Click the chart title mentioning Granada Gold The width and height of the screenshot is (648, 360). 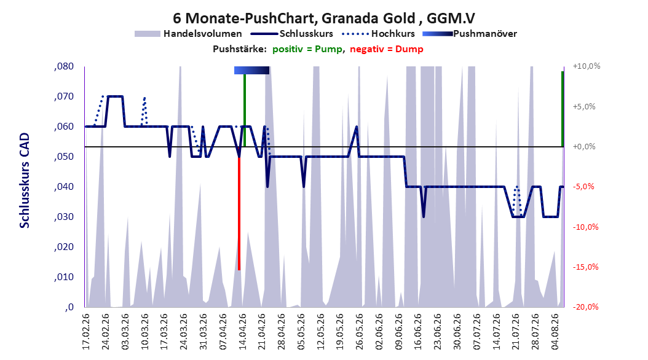pyautogui.click(x=323, y=18)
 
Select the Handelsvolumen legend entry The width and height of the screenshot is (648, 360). pyautogui.click(x=189, y=34)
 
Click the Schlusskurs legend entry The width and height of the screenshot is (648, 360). pyautogui.click(x=292, y=34)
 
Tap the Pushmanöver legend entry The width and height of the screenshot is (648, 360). pyautogui.click(x=470, y=34)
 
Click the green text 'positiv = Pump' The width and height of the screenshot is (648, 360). pyautogui.click(x=307, y=49)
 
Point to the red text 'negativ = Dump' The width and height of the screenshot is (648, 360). pyautogui.click(x=387, y=49)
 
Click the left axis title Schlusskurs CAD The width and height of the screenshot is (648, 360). pyautogui.click(x=25, y=180)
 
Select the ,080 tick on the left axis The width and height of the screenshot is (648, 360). pyautogui.click(x=64, y=66)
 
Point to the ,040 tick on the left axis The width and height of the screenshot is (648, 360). pyautogui.click(x=64, y=187)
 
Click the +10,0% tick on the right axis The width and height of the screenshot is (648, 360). pyautogui.click(x=587, y=66)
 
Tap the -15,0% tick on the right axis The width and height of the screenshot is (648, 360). pyautogui.click(x=585, y=267)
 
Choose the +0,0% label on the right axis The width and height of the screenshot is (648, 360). pyautogui.click(x=584, y=147)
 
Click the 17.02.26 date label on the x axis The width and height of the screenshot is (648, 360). pyautogui.click(x=86, y=332)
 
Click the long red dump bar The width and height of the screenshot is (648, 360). pyautogui.click(x=239, y=213)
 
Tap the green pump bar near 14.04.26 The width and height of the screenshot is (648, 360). pyautogui.click(x=245, y=110)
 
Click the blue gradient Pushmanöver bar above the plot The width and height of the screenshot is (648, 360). pyautogui.click(x=251, y=70)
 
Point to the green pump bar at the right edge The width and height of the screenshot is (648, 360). pyautogui.click(x=563, y=109)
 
